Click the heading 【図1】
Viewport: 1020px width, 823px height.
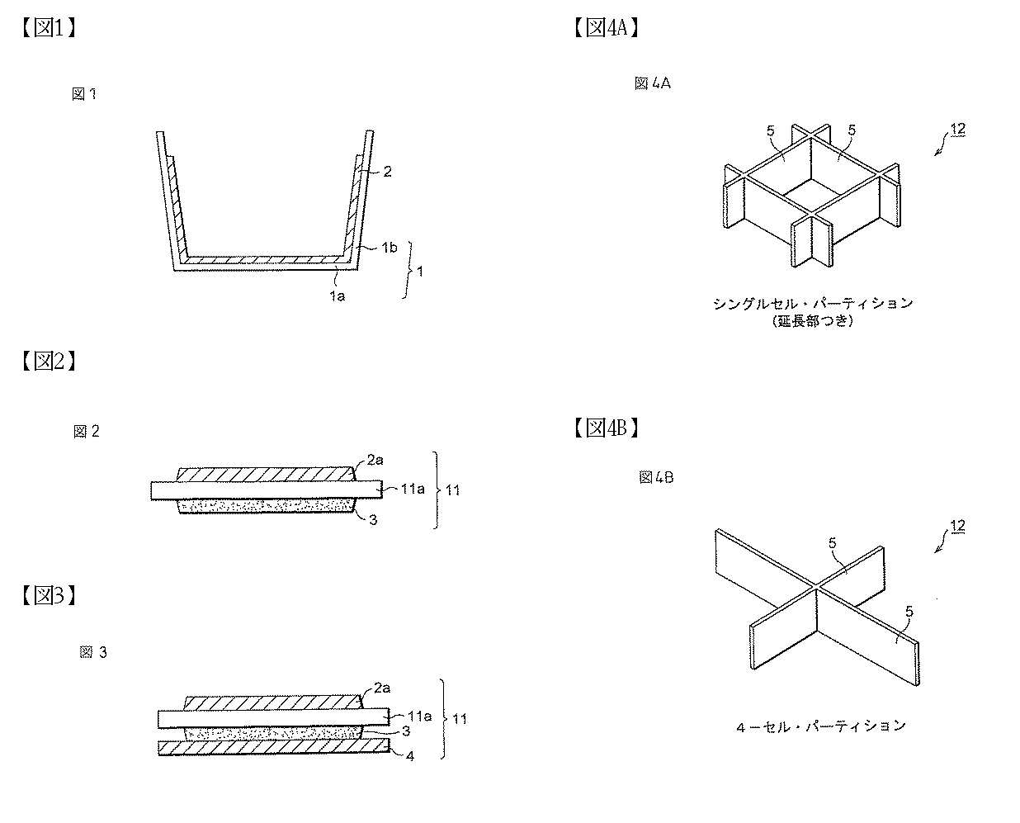[x=49, y=28]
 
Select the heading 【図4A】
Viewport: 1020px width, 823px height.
[x=607, y=28]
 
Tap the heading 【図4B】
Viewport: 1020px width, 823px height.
[x=607, y=428]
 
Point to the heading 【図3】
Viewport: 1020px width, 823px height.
[x=49, y=595]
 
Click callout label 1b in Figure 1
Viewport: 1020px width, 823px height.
[x=390, y=248]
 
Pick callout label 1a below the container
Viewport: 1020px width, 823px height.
[x=338, y=296]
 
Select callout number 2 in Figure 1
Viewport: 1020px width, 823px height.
[x=388, y=172]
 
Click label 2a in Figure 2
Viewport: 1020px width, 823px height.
[x=375, y=461]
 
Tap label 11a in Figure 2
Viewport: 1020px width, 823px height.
[x=413, y=489]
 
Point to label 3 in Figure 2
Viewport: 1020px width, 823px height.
[x=374, y=520]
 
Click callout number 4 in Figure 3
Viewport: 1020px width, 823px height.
[x=410, y=756]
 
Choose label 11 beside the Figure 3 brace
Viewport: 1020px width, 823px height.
[x=460, y=719]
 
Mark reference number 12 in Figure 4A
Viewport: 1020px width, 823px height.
[x=958, y=129]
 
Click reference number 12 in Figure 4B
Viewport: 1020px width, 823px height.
[x=958, y=526]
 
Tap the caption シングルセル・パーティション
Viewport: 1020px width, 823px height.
[x=814, y=304]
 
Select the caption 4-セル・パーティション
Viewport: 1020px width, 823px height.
[x=821, y=726]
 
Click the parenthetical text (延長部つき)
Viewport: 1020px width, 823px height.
[x=813, y=321]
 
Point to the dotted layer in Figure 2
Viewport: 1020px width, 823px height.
[x=267, y=506]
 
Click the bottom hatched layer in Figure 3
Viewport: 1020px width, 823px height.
[x=274, y=747]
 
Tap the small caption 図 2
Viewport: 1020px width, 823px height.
[x=87, y=432]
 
